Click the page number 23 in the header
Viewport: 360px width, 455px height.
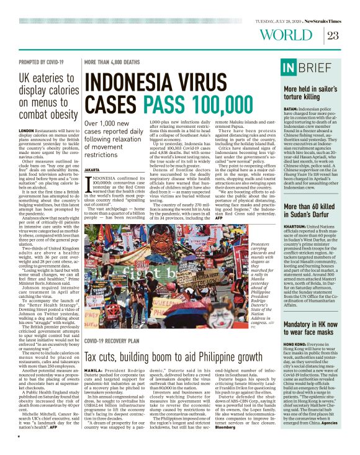tap(333, 35)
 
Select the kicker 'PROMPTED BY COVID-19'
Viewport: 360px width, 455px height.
tap(42, 63)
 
